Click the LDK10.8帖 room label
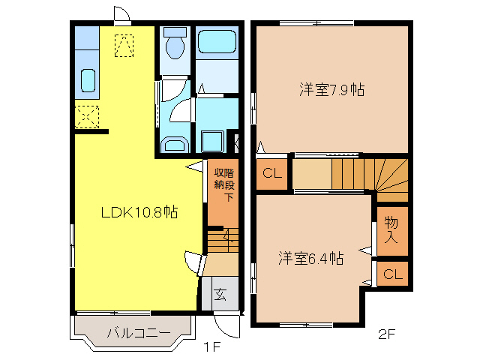(139, 212)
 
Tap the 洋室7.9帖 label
(331, 90)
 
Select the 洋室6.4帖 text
(310, 259)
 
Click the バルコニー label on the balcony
(137, 332)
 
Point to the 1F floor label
(213, 347)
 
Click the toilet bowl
(175, 46)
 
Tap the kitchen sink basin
(87, 79)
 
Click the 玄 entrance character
(220, 294)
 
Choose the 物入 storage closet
(391, 229)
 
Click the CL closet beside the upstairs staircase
(272, 174)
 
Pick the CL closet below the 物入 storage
(392, 274)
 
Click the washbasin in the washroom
(174, 145)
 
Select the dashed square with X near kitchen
(87, 118)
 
